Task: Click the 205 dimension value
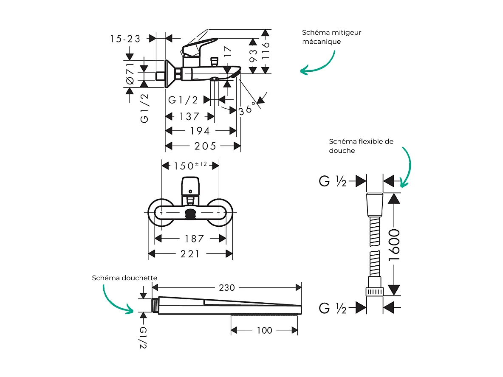click(x=205, y=146)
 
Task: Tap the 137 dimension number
click(x=189, y=116)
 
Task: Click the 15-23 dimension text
click(x=125, y=39)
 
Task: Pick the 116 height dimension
click(x=266, y=51)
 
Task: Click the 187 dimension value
click(x=195, y=239)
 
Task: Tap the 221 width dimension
click(x=190, y=254)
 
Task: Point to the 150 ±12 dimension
click(x=190, y=165)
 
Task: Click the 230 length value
click(x=227, y=288)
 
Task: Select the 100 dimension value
click(x=264, y=330)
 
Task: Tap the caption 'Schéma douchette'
click(x=124, y=278)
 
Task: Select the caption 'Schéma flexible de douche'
click(x=361, y=146)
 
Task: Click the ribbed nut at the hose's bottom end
click(x=375, y=292)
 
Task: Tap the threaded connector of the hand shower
click(x=155, y=305)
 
